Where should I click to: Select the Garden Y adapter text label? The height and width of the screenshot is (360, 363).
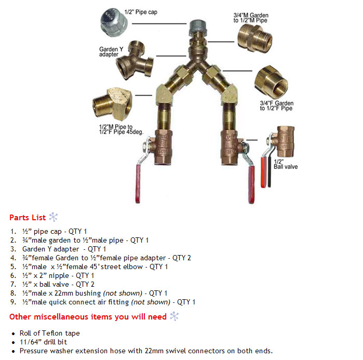point(110,51)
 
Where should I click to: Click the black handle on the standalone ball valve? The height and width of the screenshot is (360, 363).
point(269,175)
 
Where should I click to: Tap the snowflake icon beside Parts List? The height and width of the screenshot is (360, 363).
point(53,217)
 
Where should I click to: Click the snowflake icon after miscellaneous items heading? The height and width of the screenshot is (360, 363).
point(174,316)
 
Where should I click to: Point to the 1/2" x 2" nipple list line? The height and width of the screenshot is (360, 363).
point(58,275)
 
